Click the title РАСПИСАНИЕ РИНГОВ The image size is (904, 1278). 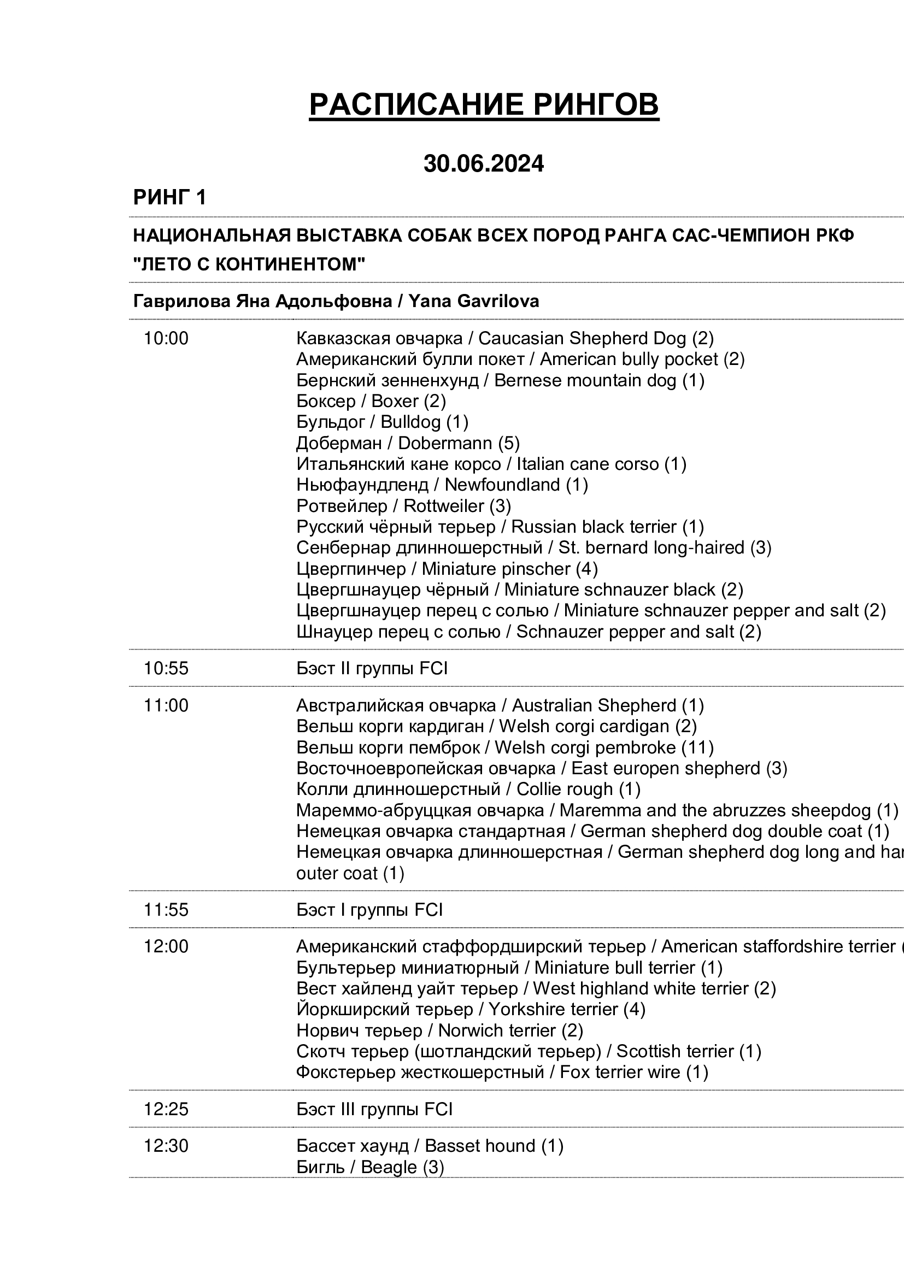click(484, 105)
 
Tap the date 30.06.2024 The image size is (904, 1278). click(483, 164)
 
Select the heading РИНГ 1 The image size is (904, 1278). click(169, 198)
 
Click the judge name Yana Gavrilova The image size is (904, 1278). click(473, 301)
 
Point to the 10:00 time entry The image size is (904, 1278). click(166, 338)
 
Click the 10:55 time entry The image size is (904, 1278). click(166, 668)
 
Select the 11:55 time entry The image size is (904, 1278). click(166, 910)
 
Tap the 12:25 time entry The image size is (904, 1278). click(166, 1109)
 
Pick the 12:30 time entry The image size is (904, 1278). click(166, 1146)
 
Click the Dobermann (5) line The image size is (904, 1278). click(408, 443)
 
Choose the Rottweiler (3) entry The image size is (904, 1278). click(403, 506)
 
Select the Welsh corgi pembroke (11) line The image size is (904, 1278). click(504, 747)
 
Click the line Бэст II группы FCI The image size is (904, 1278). click(372, 668)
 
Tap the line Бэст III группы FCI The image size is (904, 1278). click(374, 1109)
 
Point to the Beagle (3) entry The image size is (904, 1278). click(370, 1167)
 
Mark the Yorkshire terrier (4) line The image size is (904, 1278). click(471, 1009)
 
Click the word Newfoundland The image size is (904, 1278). click(502, 485)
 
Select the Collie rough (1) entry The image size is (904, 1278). click(468, 789)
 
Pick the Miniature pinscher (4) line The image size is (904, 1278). click(447, 569)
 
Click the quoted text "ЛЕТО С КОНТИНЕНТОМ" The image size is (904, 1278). click(249, 264)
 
